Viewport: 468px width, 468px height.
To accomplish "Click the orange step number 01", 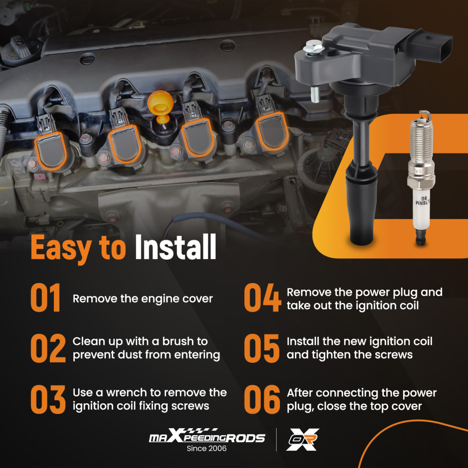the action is (x=45, y=298).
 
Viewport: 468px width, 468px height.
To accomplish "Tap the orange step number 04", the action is (x=263, y=298).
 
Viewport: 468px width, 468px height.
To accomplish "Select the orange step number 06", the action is (x=262, y=399).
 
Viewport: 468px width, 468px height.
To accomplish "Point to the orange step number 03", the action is (x=48, y=399).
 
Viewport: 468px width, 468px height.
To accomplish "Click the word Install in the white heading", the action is (x=175, y=247).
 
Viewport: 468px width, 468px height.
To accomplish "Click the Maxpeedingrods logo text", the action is (x=207, y=436).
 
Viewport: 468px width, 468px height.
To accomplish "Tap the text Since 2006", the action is (x=206, y=448).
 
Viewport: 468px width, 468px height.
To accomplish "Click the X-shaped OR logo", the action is (x=303, y=439).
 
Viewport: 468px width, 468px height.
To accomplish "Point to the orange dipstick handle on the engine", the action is (x=160, y=106).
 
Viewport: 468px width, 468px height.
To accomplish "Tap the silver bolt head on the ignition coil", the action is (x=314, y=47).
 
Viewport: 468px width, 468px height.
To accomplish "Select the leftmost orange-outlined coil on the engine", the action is (x=51, y=151).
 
